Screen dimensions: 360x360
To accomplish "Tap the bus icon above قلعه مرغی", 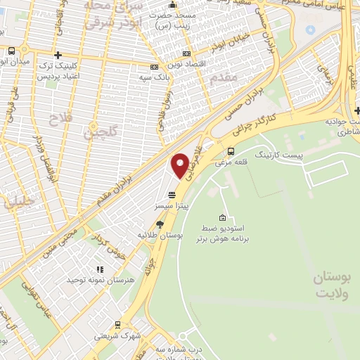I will tap(231, 150).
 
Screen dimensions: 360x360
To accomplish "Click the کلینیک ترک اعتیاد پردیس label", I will tap(58, 69).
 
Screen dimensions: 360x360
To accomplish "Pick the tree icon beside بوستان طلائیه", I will tap(160, 224).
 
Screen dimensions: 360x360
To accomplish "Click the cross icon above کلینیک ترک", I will tap(59, 54).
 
